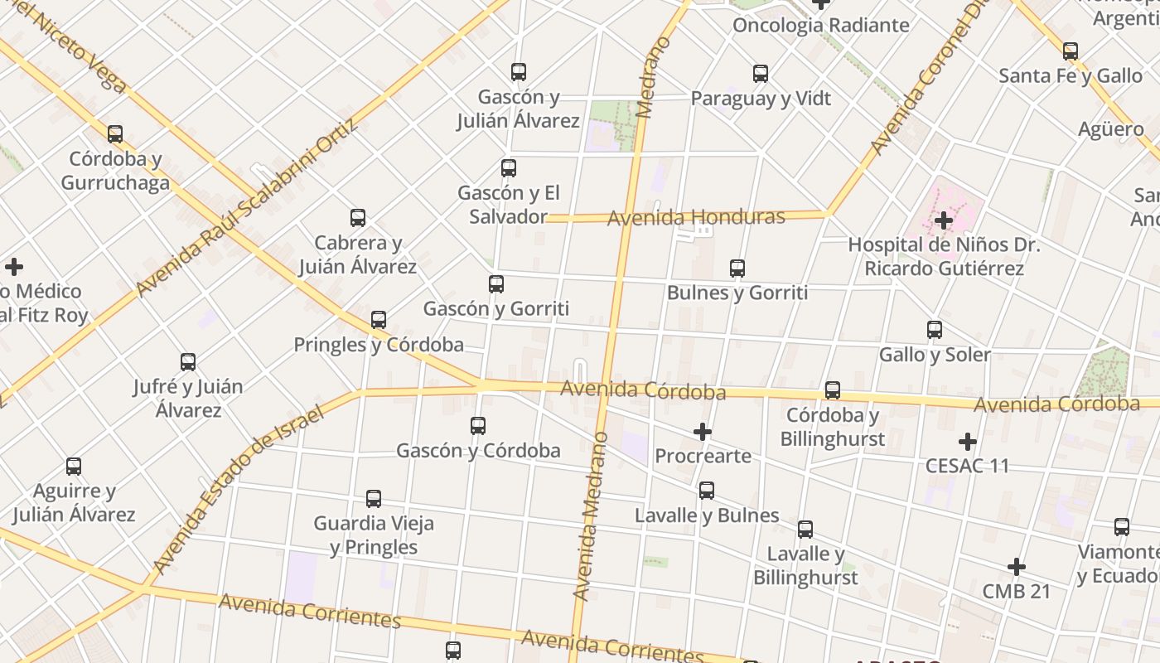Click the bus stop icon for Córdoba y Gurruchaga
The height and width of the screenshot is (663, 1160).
115,133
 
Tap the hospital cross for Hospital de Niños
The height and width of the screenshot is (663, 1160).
943,220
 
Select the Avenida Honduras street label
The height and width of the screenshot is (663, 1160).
696,218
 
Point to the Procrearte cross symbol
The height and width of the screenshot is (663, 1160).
703,432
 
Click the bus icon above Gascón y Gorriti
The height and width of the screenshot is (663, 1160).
496,284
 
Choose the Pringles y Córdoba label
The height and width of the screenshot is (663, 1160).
379,345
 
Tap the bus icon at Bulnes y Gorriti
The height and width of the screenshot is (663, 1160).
737,269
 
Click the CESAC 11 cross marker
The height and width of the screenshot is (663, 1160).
967,442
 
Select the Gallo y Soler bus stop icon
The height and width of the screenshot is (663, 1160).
935,330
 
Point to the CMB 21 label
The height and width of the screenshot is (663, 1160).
1016,591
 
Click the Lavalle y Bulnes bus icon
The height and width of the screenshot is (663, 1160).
707,491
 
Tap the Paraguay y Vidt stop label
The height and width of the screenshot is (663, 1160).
761,99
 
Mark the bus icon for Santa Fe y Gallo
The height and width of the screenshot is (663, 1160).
1071,51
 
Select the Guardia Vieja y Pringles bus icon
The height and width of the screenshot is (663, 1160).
374,499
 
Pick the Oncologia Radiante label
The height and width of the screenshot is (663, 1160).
820,26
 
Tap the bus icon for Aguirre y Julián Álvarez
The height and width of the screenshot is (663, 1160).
74,467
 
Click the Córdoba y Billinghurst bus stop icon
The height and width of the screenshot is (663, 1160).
833,390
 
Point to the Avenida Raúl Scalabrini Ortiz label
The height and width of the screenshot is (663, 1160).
247,207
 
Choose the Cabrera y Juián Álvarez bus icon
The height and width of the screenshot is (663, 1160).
358,218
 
